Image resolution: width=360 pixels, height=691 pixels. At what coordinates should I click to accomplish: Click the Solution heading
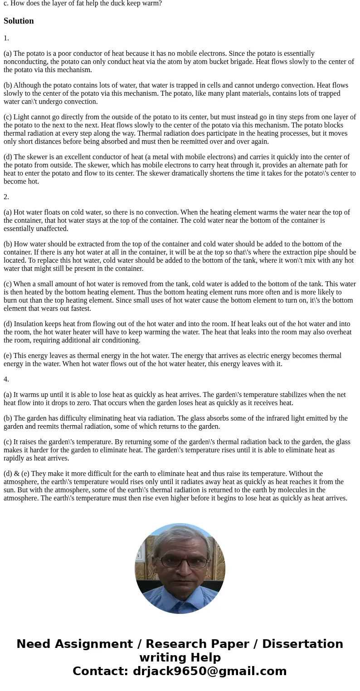pos(19,21)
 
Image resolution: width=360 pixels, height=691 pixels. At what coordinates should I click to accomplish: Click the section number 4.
pos(6,379)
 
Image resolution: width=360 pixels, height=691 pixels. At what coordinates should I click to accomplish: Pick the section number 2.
pos(6,197)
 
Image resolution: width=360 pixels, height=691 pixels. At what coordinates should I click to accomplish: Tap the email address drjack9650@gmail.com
pos(209,671)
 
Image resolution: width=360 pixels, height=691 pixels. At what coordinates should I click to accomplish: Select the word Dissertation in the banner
pos(302,644)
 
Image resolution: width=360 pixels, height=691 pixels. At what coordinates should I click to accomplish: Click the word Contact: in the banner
pos(100,671)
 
